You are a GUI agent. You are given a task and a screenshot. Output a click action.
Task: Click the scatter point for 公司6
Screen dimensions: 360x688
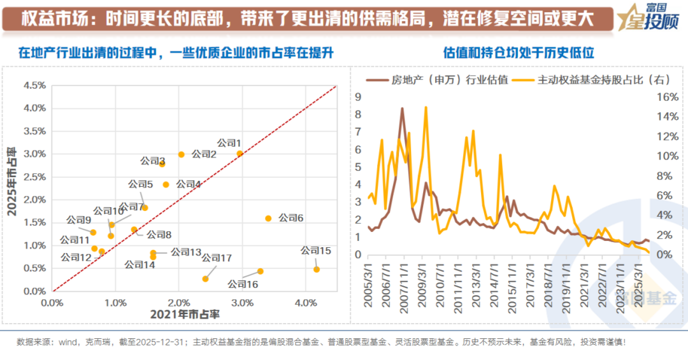268,218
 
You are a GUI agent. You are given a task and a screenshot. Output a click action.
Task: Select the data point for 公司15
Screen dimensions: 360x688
317,269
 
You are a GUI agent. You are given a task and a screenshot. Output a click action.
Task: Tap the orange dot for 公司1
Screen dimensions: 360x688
240,154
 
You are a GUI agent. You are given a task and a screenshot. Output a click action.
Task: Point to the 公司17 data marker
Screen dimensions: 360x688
205,278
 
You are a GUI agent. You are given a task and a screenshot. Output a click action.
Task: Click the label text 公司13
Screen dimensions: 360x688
186,252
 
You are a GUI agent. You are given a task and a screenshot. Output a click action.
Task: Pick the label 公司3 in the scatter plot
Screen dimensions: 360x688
153,161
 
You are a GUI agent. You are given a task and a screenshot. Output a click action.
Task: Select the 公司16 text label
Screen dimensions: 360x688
243,284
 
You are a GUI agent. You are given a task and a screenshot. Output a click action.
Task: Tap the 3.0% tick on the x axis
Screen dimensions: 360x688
241,303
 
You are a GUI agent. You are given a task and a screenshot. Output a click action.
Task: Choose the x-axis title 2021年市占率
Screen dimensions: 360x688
185,314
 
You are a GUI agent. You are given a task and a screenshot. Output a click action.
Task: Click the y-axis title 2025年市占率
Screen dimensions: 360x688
11,187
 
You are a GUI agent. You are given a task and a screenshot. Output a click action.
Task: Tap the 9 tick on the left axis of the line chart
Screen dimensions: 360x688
358,97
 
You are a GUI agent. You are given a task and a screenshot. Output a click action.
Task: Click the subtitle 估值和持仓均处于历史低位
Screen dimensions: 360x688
519,54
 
